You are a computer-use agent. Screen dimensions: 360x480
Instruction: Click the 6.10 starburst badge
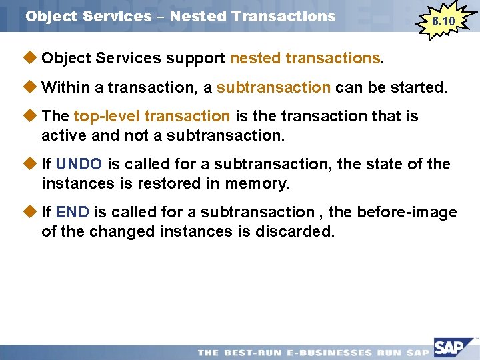(x=443, y=21)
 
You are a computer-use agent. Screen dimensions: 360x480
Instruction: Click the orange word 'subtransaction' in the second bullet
(x=273, y=87)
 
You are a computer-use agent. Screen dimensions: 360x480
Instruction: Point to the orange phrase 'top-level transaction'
(x=152, y=116)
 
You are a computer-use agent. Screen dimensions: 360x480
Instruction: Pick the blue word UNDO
(x=79, y=164)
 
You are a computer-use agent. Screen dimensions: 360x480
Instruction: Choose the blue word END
(x=73, y=213)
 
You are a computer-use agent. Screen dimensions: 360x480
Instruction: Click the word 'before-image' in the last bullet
(x=407, y=213)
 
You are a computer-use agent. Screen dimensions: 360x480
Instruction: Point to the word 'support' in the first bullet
(x=195, y=59)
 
